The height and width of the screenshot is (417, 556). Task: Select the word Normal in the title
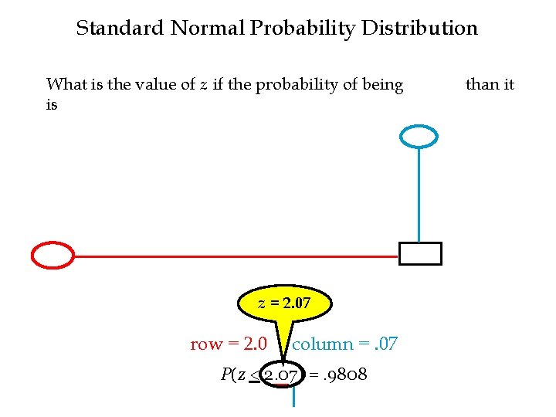coord(208,29)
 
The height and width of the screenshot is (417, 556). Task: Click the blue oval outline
coord(419,137)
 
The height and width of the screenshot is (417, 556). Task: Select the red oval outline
coord(53,254)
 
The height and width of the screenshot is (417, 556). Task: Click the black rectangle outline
coord(420,253)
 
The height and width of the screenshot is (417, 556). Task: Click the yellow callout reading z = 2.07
coord(284,303)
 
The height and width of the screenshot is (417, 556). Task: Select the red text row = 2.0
coord(229,344)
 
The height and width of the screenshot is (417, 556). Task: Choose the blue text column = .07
coord(344,344)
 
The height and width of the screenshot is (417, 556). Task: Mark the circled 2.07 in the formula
coord(282,376)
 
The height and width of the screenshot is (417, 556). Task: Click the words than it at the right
coord(490,84)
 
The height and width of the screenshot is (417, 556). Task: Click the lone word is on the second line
coord(52,105)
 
